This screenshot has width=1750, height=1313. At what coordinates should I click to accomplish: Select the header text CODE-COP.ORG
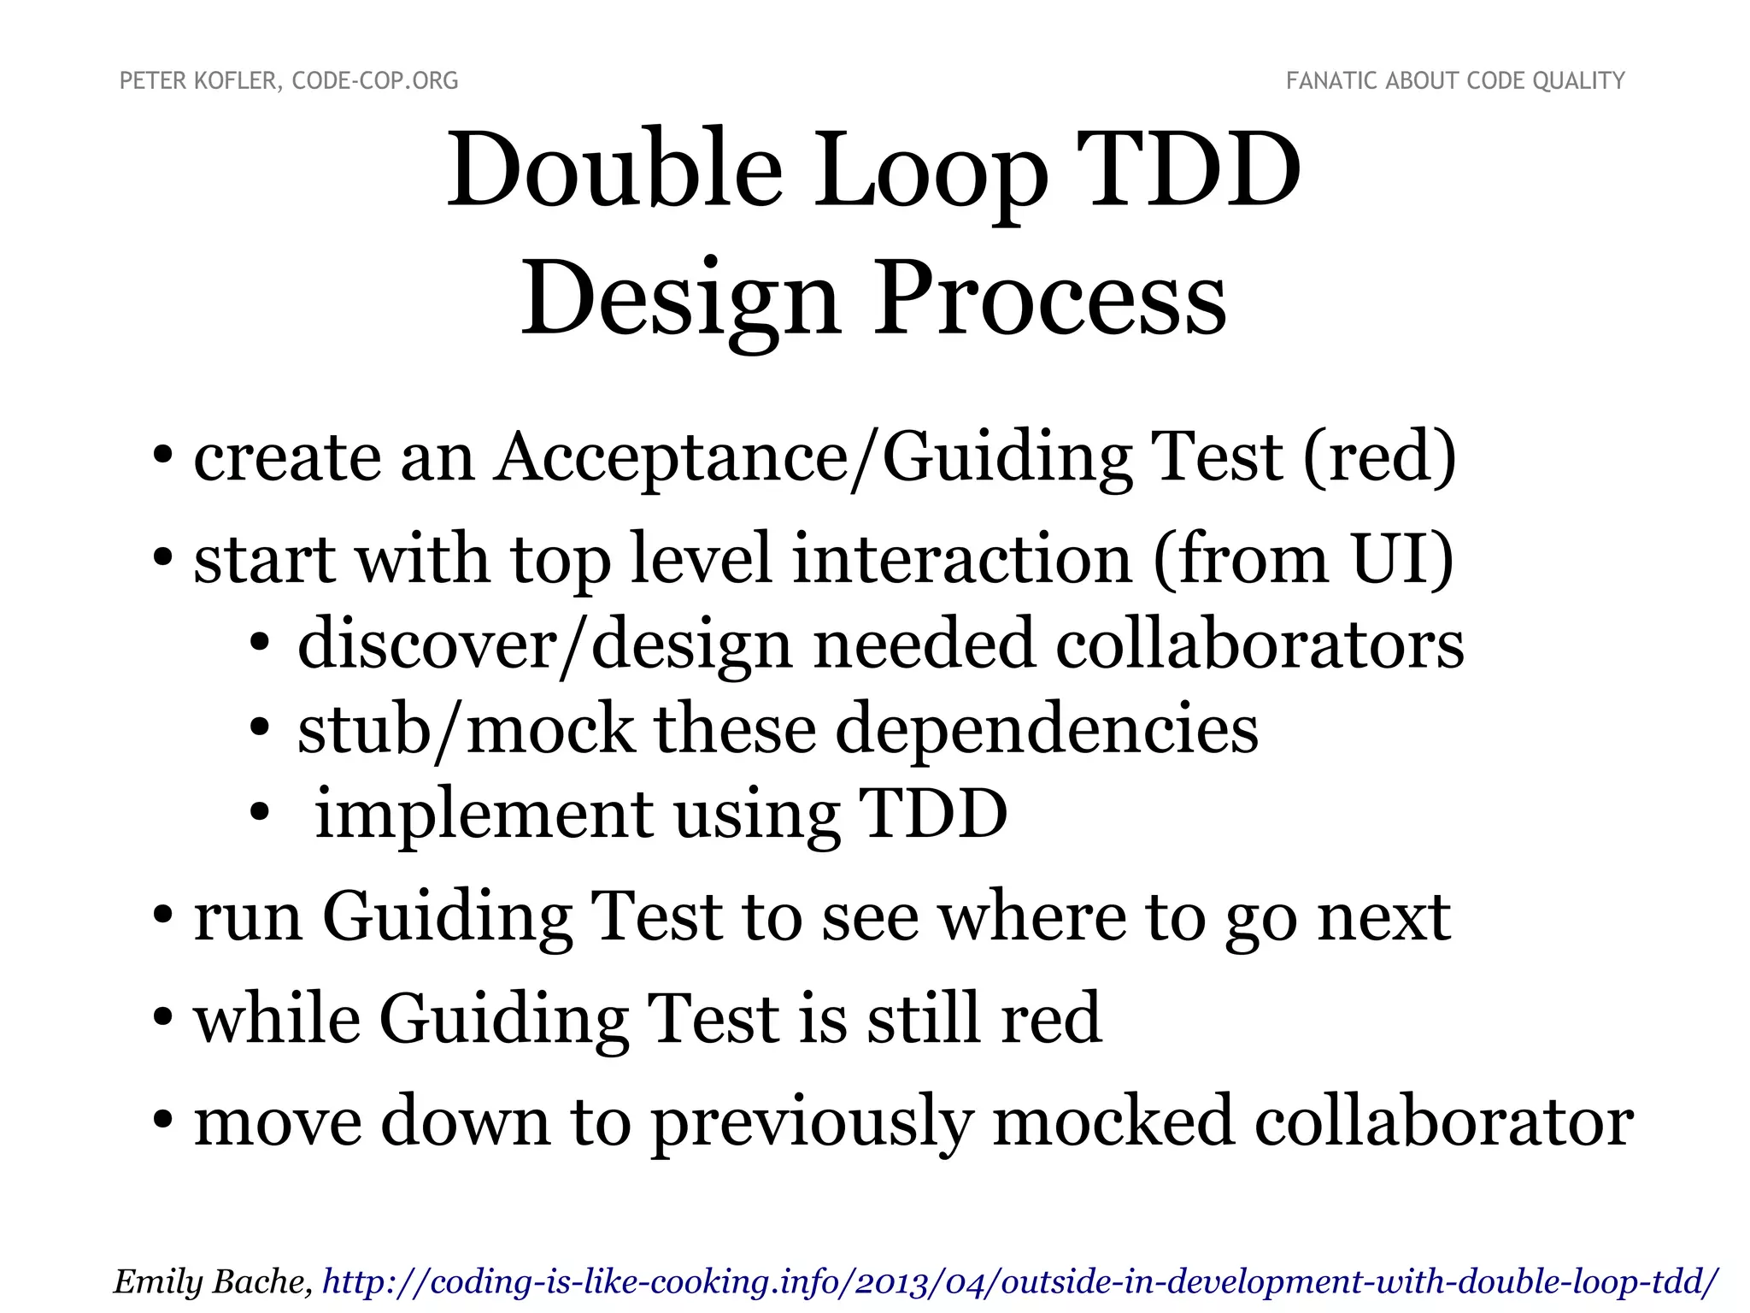pyautogui.click(x=375, y=81)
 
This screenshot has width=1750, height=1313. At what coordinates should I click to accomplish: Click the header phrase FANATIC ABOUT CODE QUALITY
pyautogui.click(x=1455, y=81)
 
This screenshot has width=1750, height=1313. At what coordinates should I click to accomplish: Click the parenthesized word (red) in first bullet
pyautogui.click(x=1379, y=457)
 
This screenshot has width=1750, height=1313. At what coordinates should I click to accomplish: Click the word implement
pyautogui.click(x=484, y=814)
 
